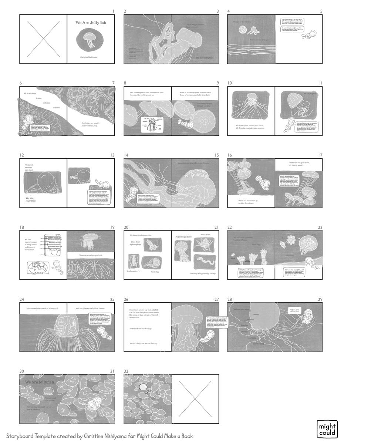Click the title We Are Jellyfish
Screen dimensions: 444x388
coord(91,23)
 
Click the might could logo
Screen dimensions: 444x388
coord(327,429)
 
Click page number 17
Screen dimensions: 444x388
coord(320,155)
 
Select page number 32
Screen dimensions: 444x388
coord(126,371)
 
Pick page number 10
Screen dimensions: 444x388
coord(230,83)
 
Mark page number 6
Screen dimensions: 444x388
coord(21,83)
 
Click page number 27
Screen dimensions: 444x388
coord(216,299)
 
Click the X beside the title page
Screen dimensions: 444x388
coord(43,39)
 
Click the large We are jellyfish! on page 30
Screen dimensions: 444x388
coord(40,382)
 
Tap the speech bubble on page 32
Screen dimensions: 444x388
coord(143,387)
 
